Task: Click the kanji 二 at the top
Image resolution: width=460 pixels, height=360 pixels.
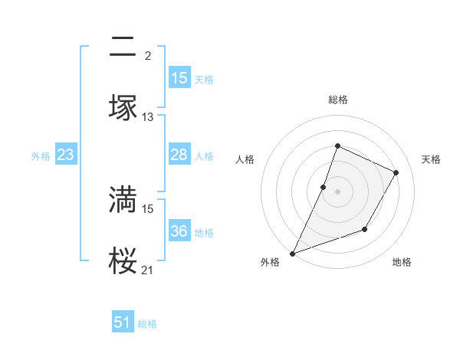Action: click(123, 49)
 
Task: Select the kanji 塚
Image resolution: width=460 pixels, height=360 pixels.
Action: click(123, 107)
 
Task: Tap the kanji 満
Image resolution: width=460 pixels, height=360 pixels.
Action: click(123, 200)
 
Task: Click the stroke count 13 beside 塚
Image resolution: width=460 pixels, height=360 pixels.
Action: click(148, 117)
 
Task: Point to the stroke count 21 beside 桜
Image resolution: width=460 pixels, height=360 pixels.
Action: click(148, 270)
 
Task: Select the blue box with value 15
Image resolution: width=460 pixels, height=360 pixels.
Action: click(179, 78)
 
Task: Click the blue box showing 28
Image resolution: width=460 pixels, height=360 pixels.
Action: click(179, 155)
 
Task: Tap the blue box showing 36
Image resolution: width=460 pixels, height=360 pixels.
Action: click(179, 231)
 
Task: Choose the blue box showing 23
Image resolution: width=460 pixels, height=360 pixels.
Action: click(66, 155)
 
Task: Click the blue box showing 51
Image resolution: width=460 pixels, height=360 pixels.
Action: click(123, 322)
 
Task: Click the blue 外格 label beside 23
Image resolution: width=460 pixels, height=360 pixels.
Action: click(41, 155)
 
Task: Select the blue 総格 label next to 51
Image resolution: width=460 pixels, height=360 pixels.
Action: click(147, 324)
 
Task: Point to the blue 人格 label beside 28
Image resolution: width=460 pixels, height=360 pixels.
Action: click(204, 155)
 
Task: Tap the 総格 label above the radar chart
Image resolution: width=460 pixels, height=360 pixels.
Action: click(337, 100)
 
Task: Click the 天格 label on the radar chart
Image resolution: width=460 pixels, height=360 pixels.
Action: click(431, 159)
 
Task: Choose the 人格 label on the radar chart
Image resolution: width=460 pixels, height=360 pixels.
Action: click(245, 159)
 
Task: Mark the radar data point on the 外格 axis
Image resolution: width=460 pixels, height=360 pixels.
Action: click(292, 254)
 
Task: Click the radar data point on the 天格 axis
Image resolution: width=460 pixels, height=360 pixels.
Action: click(396, 172)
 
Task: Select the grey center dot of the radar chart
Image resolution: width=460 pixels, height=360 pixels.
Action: click(337, 191)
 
